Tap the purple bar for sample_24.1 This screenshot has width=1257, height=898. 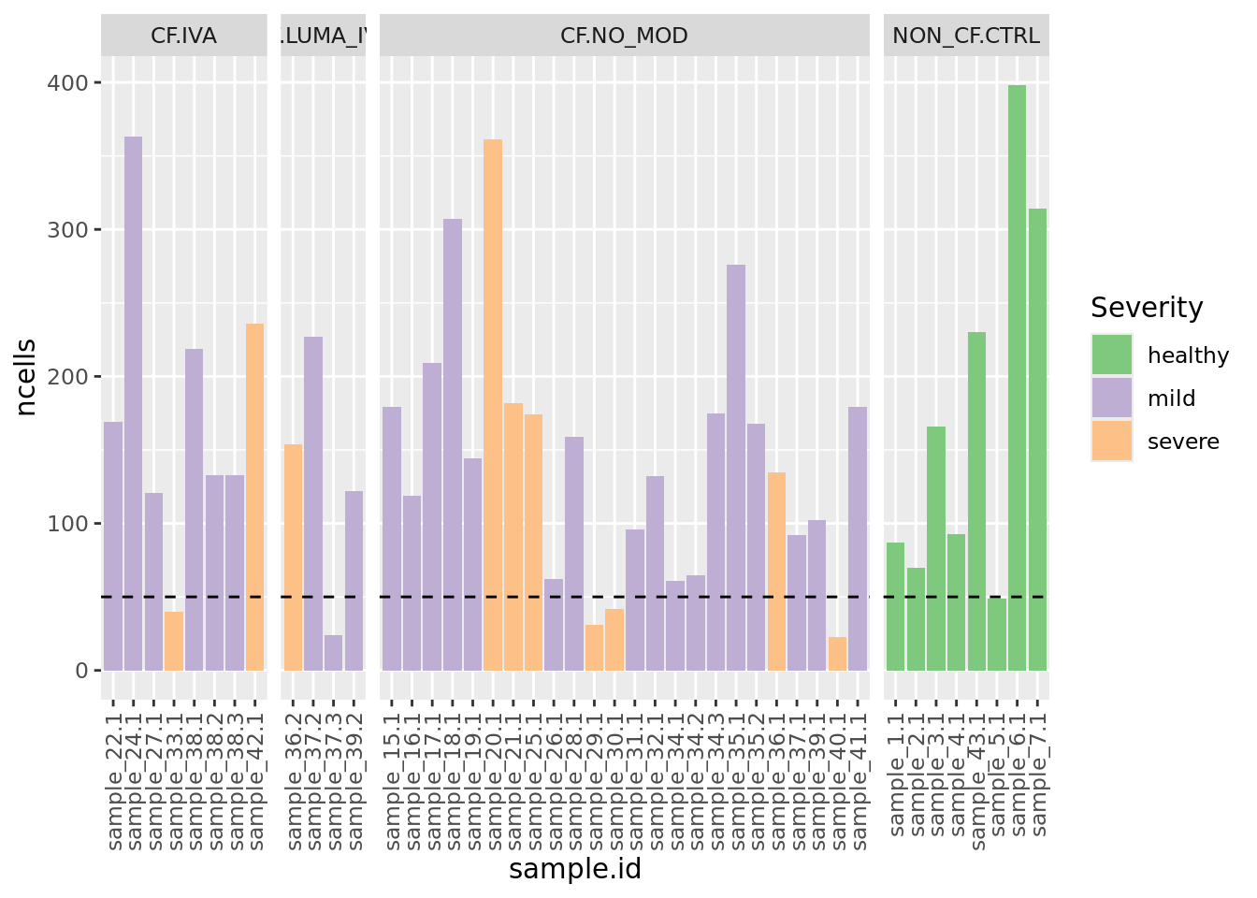[133, 403]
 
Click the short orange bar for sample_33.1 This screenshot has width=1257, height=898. [173, 641]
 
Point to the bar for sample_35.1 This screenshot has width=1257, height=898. [736, 468]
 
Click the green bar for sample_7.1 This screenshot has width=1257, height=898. [1037, 440]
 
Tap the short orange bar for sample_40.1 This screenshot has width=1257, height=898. [837, 654]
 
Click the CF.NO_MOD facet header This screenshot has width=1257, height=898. [624, 36]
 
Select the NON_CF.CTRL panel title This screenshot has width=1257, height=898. [966, 36]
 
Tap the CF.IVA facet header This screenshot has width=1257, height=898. [183, 36]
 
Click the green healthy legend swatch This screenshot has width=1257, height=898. [1111, 355]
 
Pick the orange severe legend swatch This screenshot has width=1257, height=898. [1111, 442]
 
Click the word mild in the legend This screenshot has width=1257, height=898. [1171, 398]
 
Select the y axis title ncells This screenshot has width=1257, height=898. [26, 377]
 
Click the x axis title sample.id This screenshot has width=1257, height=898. [575, 870]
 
